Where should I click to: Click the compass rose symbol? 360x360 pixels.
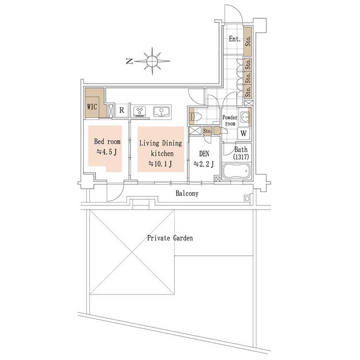coord(152,61)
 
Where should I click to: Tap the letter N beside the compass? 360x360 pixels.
coord(130,61)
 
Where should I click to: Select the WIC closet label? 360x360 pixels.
coord(92,107)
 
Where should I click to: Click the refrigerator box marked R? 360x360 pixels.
coord(122,110)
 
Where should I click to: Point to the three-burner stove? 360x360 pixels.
coord(140,111)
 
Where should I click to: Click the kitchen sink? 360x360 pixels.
coord(162,111)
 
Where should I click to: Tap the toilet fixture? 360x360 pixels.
coord(195,117)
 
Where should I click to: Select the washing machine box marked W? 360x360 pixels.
coord(243,133)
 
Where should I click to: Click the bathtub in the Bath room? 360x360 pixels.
coord(236,171)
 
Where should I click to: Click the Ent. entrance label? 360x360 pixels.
coord(235,39)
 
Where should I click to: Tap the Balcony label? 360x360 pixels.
coord(187,193)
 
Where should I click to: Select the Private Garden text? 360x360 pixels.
coord(170,238)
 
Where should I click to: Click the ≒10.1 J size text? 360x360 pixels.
coord(160,164)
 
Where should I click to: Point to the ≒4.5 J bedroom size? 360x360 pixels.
coord(107,152)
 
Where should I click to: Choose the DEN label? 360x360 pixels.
coord(204,154)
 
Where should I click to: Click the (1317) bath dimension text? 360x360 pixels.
coord(241,157)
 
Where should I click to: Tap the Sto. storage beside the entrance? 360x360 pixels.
coord(248,42)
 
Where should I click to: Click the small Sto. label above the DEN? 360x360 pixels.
coord(207,131)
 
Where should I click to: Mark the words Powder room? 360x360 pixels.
coord(230,120)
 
